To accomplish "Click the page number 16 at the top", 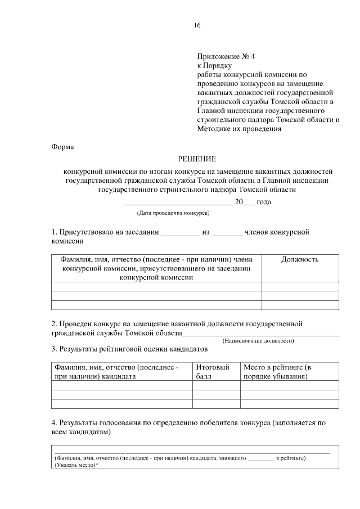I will (196, 25).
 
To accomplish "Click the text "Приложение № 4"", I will (226, 56).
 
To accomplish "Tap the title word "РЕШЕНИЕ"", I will (197, 159).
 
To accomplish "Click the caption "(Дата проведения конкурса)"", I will (173, 213).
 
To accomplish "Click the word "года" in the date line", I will (264, 201).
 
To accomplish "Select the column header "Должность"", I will (299, 259).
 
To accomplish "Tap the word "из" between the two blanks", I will (206, 232).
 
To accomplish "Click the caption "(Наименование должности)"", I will (259, 341).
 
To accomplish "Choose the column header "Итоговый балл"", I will (212, 372).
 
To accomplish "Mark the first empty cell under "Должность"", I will (299, 286).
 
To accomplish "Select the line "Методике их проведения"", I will (239, 128).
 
